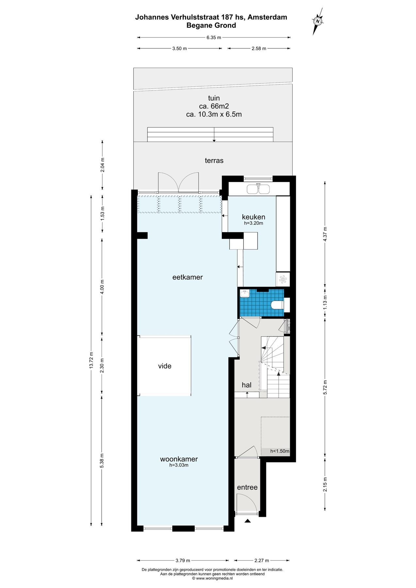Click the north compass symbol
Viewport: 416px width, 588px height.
pyautogui.click(x=318, y=21)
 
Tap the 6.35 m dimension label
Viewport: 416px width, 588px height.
pyautogui.click(x=214, y=38)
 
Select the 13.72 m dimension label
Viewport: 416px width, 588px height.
pyautogui.click(x=91, y=360)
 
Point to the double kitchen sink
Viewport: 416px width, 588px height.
pyautogui.click(x=258, y=189)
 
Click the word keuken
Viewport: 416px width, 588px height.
pyautogui.click(x=254, y=217)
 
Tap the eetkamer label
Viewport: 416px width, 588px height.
pyautogui.click(x=188, y=277)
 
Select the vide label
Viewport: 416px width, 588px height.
pyautogui.click(x=165, y=366)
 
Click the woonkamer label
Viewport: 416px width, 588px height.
pyautogui.click(x=179, y=459)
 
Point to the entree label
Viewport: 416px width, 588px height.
pyautogui.click(x=247, y=487)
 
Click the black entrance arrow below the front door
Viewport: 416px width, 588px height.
pyautogui.click(x=247, y=521)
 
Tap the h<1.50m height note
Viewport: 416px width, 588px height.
pyautogui.click(x=280, y=451)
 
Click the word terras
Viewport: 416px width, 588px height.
pyautogui.click(x=214, y=160)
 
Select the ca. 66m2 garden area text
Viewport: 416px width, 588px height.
pyautogui.click(x=214, y=106)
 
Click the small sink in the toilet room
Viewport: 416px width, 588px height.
pyautogui.click(x=244, y=293)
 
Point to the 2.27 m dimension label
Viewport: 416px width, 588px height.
pyautogui.click(x=262, y=561)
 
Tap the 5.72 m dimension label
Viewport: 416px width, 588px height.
pyautogui.click(x=325, y=387)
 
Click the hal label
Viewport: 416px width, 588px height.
pyautogui.click(x=247, y=385)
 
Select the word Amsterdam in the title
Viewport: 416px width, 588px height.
pyautogui.click(x=267, y=17)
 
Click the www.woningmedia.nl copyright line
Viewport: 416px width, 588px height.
pyautogui.click(x=212, y=578)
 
